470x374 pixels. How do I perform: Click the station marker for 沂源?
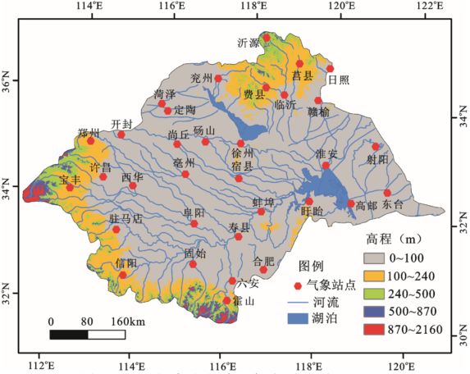pyautogui.click(x=266, y=37)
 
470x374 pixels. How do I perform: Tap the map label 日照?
pyautogui.click(x=337, y=80)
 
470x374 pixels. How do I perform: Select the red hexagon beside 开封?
pyautogui.click(x=121, y=135)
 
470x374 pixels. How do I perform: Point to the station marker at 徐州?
pyautogui.click(x=241, y=143)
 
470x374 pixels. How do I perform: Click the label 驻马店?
pyautogui.click(x=125, y=219)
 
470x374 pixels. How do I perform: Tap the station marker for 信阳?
pyautogui.click(x=123, y=275)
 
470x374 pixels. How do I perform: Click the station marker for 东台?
pyautogui.click(x=387, y=194)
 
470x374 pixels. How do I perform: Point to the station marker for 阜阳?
pyautogui.click(x=194, y=223)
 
